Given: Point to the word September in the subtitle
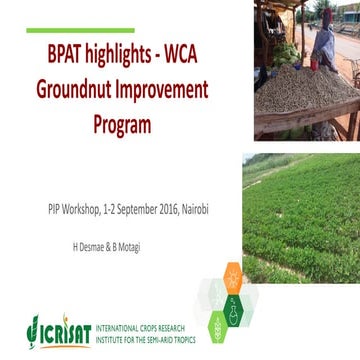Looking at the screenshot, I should tap(140, 208).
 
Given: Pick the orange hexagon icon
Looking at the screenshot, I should tap(231, 271).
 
